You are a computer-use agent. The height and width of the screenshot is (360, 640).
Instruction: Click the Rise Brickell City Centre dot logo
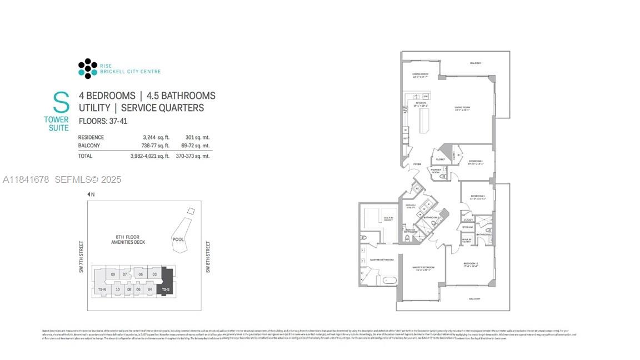pyautogui.click(x=88, y=68)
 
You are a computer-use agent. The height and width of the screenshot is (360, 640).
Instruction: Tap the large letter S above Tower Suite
pyautogui.click(x=61, y=103)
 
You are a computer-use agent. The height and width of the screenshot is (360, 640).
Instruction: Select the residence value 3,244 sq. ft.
pyautogui.click(x=156, y=137)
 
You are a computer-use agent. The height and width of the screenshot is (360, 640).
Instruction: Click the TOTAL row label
pyautogui.click(x=85, y=156)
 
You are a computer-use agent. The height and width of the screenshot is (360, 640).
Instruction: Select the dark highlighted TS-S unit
pyautogui.click(x=167, y=282)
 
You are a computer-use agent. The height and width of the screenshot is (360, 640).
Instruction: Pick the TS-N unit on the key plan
pyautogui.click(x=101, y=289)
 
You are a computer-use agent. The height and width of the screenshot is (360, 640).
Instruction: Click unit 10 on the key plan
pyautogui.click(x=117, y=289)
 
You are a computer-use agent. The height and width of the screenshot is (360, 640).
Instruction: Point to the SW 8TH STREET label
pyautogui.click(x=208, y=257)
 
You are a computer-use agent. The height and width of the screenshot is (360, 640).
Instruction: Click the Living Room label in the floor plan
pyautogui.click(x=462, y=108)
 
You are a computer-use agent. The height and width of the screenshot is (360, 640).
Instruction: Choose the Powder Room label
pyautogui.click(x=436, y=171)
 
